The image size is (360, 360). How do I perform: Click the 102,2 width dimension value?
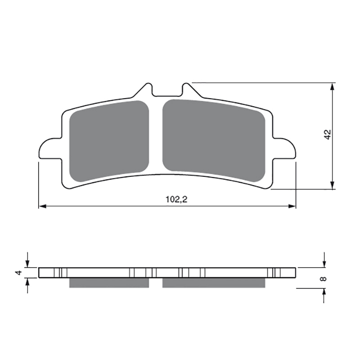(176, 199)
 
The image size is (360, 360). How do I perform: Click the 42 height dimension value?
(328, 134)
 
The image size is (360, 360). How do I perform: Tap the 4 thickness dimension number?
(18, 273)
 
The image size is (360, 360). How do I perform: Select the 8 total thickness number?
(324, 279)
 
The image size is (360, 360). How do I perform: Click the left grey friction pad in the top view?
(109, 141)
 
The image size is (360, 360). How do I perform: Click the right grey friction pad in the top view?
(214, 140)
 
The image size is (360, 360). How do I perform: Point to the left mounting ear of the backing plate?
(50, 148)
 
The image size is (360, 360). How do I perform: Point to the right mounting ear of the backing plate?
(284, 148)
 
